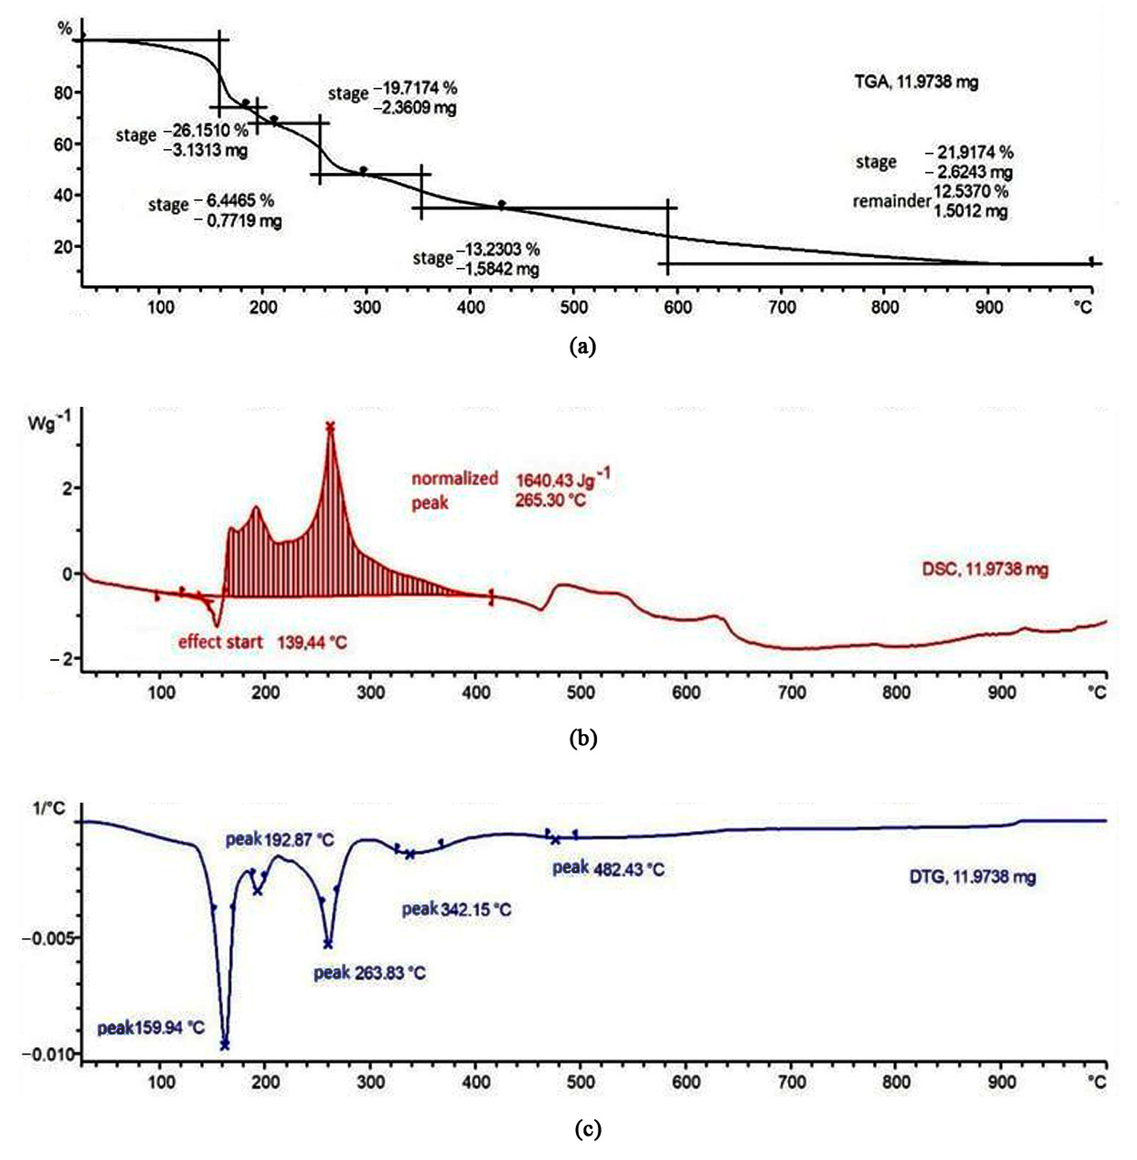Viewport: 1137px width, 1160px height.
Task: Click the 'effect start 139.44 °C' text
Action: coord(262,643)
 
